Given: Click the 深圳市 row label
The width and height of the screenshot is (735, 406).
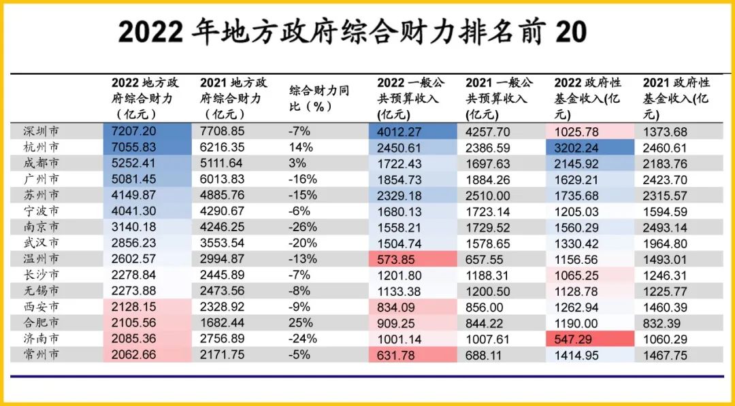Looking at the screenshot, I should coord(39,131).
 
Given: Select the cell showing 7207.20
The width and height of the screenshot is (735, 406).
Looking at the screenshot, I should coord(134,131).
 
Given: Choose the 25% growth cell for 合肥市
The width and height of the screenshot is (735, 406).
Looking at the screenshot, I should coord(301,322).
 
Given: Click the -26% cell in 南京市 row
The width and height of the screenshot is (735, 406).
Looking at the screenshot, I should coord(303,226).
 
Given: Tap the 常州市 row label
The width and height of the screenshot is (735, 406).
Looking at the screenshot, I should coord(39,354).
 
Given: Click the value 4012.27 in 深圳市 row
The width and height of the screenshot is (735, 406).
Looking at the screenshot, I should coord(400,131).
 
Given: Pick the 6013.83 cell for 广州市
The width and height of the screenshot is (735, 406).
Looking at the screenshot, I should coord(223,179).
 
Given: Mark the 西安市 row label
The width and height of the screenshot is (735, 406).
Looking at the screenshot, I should coord(39,306).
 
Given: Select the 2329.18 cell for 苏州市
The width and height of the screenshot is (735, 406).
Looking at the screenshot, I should coord(400,195).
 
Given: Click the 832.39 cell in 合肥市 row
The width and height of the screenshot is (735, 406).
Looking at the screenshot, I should coord(661,322).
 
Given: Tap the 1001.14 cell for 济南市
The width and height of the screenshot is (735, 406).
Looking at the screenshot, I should coord(400,338).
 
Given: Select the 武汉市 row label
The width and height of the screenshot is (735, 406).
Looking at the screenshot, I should coord(39,243).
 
